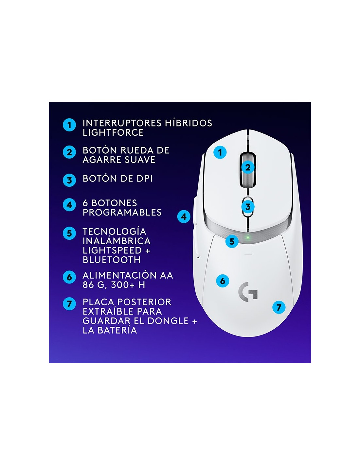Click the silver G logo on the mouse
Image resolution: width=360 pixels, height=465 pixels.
click(x=248, y=292)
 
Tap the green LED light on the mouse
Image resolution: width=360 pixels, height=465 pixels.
click(x=248, y=237)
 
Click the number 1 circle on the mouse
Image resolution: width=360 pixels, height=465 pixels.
click(x=220, y=152)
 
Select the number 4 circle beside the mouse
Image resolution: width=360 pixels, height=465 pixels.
click(x=184, y=216)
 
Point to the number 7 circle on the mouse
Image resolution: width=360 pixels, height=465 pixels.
click(x=279, y=307)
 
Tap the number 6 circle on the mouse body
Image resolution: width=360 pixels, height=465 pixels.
click(x=223, y=281)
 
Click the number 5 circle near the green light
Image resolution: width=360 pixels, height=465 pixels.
click(x=232, y=241)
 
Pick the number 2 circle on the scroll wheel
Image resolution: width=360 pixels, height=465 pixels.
click(x=248, y=167)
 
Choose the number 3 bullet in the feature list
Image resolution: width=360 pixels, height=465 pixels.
click(x=69, y=180)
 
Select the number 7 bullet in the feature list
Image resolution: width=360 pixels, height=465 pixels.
click(x=69, y=304)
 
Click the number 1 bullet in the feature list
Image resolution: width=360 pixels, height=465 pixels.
click(x=69, y=125)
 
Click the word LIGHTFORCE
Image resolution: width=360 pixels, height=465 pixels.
click(x=113, y=133)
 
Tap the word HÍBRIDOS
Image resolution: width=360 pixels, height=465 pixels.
click(x=189, y=123)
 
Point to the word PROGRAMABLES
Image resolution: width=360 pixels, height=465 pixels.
click(x=122, y=212)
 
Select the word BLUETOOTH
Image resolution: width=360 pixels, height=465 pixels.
click(x=112, y=260)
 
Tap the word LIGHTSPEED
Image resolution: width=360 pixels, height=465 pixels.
click(x=112, y=250)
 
